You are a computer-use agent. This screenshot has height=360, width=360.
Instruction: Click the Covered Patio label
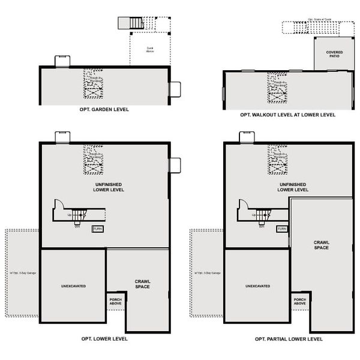(x=334, y=54)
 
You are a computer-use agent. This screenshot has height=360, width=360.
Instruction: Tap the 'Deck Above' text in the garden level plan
(x=149, y=50)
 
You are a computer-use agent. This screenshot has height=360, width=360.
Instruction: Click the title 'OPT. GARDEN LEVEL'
(x=104, y=110)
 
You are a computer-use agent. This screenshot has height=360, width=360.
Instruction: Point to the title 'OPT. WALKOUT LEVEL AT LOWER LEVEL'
(x=287, y=115)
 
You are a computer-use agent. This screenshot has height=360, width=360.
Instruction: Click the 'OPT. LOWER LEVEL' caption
(x=104, y=339)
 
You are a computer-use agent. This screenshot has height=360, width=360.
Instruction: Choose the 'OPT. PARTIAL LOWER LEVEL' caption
(x=289, y=339)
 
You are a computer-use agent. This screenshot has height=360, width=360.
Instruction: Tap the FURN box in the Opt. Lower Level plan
(x=97, y=229)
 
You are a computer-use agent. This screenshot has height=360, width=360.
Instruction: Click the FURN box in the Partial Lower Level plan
(x=282, y=229)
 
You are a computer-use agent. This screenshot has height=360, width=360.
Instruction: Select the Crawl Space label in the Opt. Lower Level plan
(x=142, y=284)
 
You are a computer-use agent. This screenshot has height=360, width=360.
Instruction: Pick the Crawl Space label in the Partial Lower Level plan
(x=322, y=245)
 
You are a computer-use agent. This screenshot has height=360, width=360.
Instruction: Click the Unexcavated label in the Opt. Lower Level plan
(x=73, y=286)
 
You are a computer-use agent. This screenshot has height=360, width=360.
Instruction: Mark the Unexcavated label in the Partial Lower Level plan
(x=257, y=286)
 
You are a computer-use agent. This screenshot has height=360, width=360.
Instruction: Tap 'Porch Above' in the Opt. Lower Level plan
(x=115, y=301)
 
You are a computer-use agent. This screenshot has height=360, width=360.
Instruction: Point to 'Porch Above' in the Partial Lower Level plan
(x=300, y=301)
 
